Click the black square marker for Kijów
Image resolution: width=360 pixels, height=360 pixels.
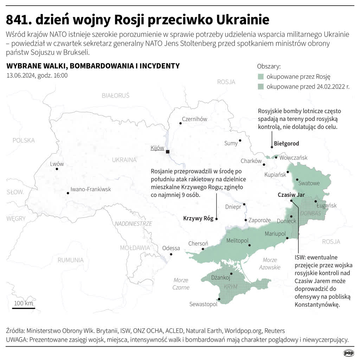pyautogui.click(x=168, y=152)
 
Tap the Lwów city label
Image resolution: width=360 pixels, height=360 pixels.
pyautogui.click(x=57, y=164)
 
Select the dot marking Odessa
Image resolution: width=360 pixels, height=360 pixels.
pyautogui.click(x=171, y=254)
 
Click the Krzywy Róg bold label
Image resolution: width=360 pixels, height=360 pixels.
pyautogui.click(x=198, y=218)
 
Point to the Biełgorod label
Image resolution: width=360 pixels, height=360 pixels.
pyautogui.click(x=286, y=143)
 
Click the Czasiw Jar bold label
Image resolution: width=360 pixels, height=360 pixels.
pyautogui.click(x=291, y=195)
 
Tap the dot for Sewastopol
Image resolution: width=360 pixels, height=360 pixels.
pyautogui.click(x=219, y=299)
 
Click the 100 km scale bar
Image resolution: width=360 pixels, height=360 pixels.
pyautogui.click(x=24, y=308)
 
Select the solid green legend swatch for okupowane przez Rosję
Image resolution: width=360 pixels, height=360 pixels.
pyautogui.click(x=261, y=77)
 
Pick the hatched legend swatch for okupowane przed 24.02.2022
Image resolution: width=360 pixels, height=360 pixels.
pyautogui.click(x=261, y=86)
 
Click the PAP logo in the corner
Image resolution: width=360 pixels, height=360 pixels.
pyautogui.click(x=348, y=353)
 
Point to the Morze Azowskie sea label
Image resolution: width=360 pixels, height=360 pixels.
pyautogui.click(x=270, y=264)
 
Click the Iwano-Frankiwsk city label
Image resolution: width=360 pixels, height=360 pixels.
pyautogui.click(x=91, y=189)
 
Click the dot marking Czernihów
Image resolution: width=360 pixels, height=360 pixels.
pyautogui.click(x=180, y=123)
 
